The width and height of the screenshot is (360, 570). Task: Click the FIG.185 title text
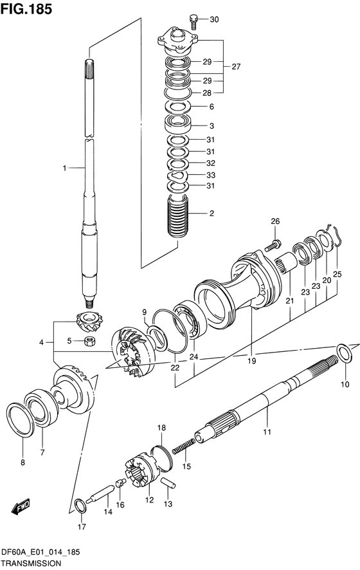pyautogui.click(x=26, y=9)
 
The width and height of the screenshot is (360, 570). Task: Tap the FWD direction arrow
pyautogui.click(x=21, y=507)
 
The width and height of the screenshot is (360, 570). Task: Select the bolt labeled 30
pyautogui.click(x=194, y=21)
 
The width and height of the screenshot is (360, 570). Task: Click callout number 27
pyautogui.click(x=236, y=66)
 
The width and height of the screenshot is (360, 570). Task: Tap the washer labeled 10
pyautogui.click(x=344, y=353)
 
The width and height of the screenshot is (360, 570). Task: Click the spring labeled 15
pyautogui.click(x=183, y=446)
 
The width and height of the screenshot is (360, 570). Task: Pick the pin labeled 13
pyautogui.click(x=168, y=483)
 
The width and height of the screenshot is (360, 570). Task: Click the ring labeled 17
pyautogui.click(x=80, y=506)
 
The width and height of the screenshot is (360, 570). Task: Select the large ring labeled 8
pyautogui.click(x=21, y=419)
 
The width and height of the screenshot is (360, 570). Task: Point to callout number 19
pyautogui.click(x=251, y=361)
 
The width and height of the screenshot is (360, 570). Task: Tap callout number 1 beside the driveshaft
pyautogui.click(x=64, y=168)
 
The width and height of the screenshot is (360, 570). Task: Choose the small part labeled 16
pyautogui.click(x=121, y=483)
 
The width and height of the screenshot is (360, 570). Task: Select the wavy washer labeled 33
pyautogui.click(x=178, y=176)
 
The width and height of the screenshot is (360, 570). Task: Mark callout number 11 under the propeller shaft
pyautogui.click(x=267, y=432)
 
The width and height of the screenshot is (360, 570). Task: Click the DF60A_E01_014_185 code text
pyautogui.click(x=40, y=553)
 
